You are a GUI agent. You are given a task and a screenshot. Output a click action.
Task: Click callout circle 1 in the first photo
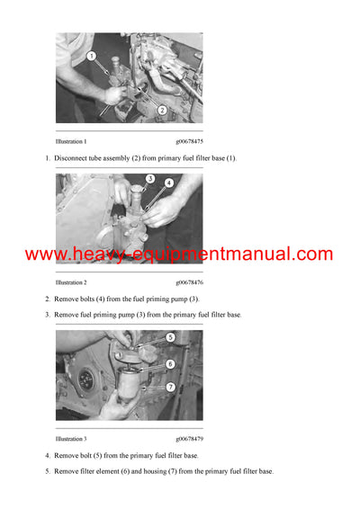pos(92,56)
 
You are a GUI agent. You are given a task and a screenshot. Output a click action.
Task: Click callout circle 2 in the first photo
pos(161,110)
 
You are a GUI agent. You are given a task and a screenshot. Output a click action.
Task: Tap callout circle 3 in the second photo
pos(150,178)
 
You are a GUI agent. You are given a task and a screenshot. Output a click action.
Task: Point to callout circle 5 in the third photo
pos(169,337)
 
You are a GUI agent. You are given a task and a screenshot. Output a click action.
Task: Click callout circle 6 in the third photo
pos(169,363)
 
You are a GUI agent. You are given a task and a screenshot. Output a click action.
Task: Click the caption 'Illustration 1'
pos(71,142)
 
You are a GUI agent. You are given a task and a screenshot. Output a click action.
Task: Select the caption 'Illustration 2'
pos(71,282)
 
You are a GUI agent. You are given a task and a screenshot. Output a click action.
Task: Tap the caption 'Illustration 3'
pos(71,439)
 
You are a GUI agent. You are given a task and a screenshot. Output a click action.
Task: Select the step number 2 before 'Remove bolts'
pos(48,299)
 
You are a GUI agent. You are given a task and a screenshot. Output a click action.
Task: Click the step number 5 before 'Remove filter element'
pos(48,471)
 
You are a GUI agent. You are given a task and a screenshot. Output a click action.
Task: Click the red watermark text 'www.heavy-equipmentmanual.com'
pos(179,254)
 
